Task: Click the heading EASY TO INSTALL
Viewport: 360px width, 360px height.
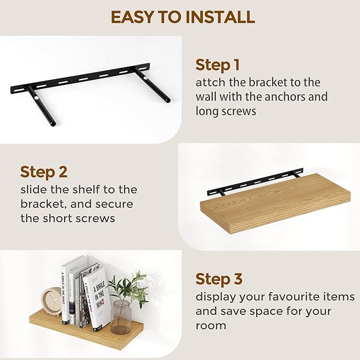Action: point(182,17)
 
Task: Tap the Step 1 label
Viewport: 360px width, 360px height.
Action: point(217,65)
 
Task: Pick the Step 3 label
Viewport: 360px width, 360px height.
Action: point(219,279)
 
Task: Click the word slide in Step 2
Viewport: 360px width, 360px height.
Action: point(34,190)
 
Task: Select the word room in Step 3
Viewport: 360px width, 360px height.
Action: point(210,325)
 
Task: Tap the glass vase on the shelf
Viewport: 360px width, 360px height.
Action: point(121,317)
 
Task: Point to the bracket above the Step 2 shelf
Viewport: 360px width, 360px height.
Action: point(254,181)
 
